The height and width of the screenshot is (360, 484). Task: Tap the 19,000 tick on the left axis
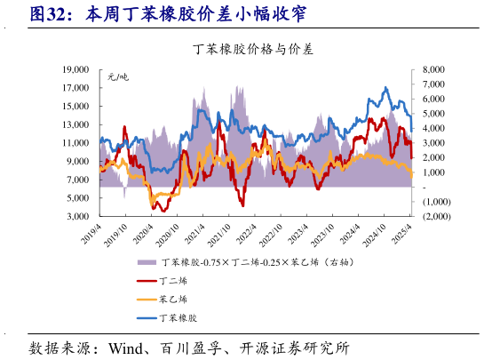[75, 68]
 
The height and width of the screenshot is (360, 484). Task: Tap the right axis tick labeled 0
[426, 187]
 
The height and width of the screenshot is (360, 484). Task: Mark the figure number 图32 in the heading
[49, 14]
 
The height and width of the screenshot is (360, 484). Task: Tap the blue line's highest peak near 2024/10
[385, 88]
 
